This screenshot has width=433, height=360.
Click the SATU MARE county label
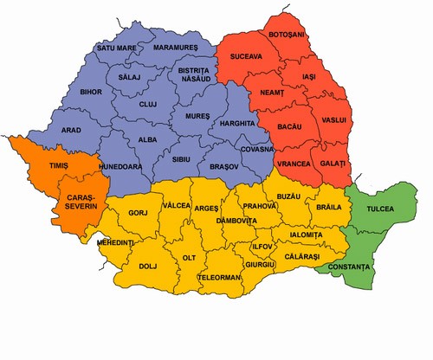coord(117,48)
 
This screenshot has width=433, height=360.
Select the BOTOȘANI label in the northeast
coord(288,34)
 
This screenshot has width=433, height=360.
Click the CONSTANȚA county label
coord(346,272)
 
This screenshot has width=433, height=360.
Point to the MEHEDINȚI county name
coord(116,244)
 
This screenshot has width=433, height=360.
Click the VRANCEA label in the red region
coord(294,164)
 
